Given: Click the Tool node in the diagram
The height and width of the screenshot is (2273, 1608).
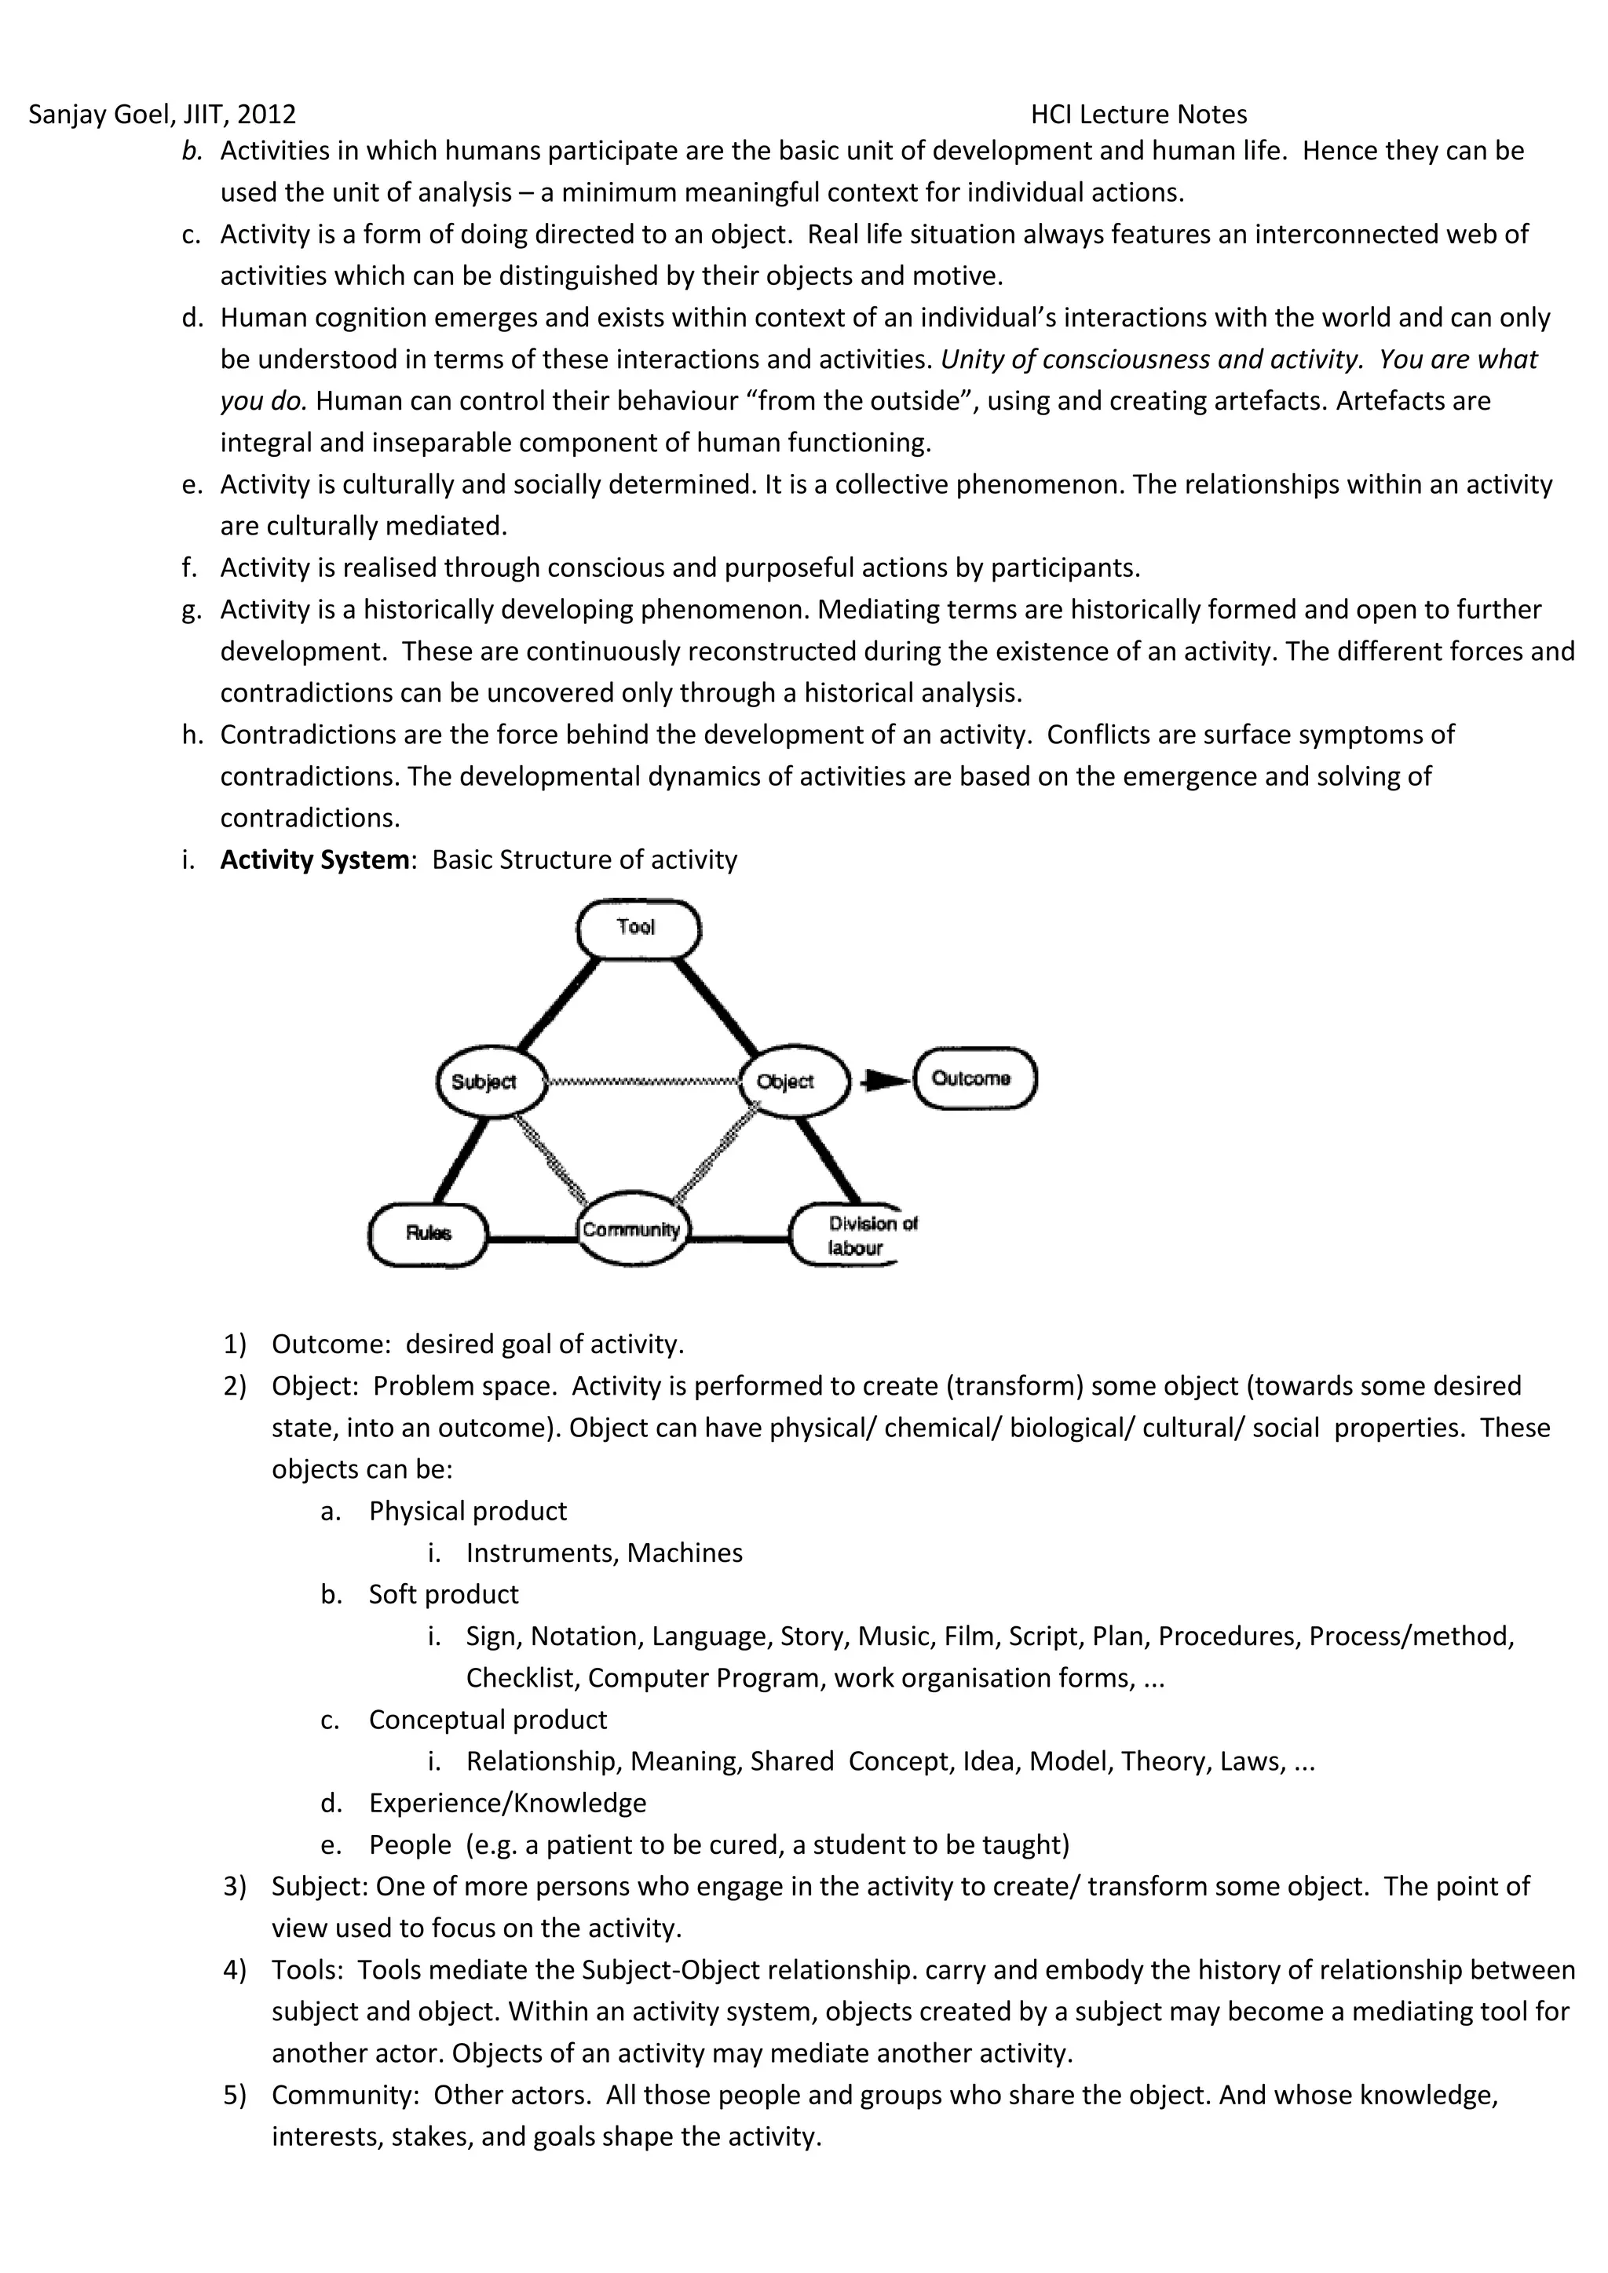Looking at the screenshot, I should click(x=638, y=928).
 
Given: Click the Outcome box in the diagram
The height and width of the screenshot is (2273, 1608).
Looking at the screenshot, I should click(x=974, y=1078).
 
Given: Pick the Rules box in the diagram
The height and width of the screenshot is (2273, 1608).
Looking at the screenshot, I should click(x=428, y=1234).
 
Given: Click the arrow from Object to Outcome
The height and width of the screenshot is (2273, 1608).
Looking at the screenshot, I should click(x=884, y=1080).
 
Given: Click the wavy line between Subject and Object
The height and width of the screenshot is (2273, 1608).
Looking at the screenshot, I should click(x=644, y=1081).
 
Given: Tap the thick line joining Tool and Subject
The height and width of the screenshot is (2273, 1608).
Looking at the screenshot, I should click(x=560, y=1004).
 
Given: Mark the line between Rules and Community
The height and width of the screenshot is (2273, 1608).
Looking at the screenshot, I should click(x=532, y=1238).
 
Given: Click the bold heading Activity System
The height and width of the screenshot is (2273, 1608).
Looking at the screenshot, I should click(x=314, y=859).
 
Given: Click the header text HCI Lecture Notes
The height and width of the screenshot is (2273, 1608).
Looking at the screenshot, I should click(x=1138, y=115).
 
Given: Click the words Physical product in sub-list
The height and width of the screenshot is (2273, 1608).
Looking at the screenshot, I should click(x=467, y=1511).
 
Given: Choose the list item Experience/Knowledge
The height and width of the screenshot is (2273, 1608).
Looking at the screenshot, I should click(x=507, y=1803).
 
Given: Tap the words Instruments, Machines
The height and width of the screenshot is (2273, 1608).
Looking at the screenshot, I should click(x=604, y=1552).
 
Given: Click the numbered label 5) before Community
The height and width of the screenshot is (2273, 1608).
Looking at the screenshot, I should click(x=235, y=2095).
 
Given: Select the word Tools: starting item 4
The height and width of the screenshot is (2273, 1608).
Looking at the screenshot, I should click(x=307, y=1970).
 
